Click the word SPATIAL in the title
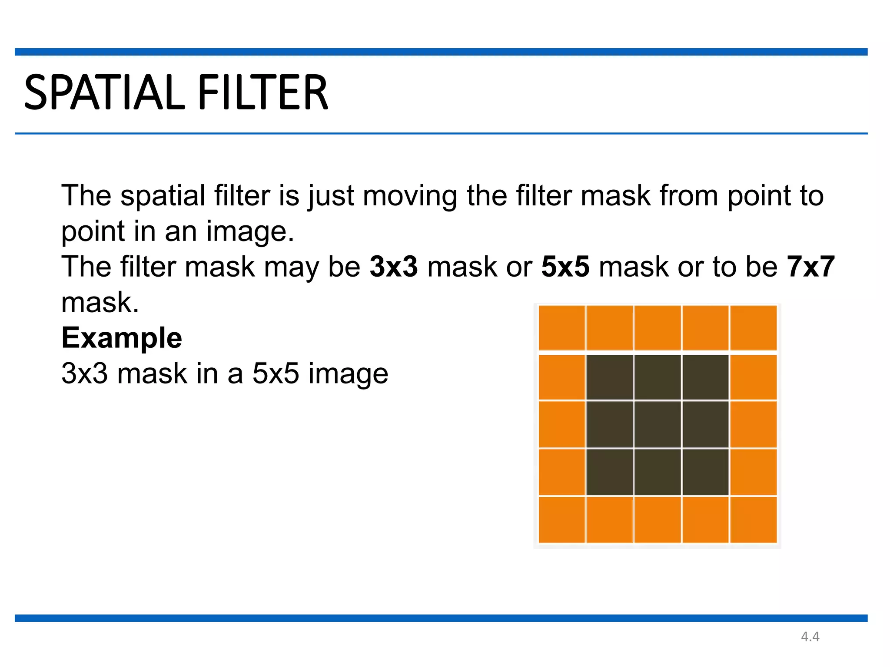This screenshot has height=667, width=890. click(x=104, y=92)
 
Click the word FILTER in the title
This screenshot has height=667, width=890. click(x=263, y=92)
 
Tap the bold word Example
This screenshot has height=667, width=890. click(x=122, y=338)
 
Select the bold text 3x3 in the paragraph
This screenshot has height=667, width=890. click(x=394, y=267)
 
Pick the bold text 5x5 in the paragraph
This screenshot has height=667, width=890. click(x=565, y=267)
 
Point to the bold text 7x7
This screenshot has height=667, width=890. click(x=810, y=267)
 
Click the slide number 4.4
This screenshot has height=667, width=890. click(x=810, y=637)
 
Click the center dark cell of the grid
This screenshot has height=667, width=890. click(x=658, y=424)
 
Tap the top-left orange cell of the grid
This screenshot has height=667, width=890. click(x=562, y=328)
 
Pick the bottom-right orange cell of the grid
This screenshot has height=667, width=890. click(x=754, y=520)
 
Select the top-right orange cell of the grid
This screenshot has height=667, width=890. click(x=754, y=328)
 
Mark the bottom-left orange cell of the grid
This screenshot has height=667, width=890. click(x=562, y=520)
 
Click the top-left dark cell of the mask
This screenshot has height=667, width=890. click(x=610, y=377)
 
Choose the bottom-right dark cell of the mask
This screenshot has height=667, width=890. click(x=706, y=472)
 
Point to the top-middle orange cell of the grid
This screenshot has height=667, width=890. click(x=658, y=328)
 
